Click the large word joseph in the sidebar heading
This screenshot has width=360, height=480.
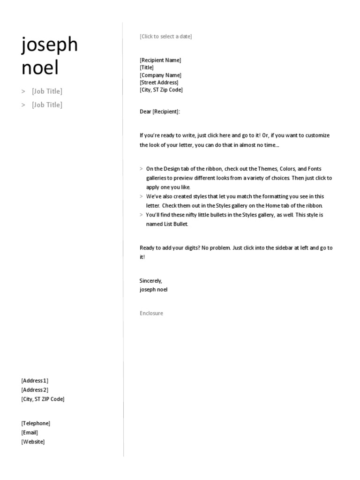[x=50, y=46]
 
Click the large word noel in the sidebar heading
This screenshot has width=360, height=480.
[x=40, y=68]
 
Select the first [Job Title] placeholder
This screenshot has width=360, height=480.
[x=47, y=91]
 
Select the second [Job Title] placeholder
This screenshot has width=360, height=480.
[x=47, y=105]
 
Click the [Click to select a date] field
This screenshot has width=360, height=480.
[x=165, y=37]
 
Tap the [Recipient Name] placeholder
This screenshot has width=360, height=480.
[x=160, y=60]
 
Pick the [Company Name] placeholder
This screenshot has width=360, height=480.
[x=160, y=75]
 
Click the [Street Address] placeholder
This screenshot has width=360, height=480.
[x=159, y=82]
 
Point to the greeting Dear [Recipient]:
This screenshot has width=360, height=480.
[x=160, y=112]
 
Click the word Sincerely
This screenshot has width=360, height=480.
[x=150, y=281]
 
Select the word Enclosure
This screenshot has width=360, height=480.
[x=151, y=313]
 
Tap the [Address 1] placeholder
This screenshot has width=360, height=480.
[x=35, y=381]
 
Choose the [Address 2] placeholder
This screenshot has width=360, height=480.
[x=35, y=390]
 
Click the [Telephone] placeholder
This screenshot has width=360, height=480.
[x=36, y=423]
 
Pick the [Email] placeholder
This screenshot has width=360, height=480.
[x=30, y=433]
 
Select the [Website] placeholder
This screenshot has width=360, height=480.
[x=33, y=442]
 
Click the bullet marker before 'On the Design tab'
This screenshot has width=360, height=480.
[x=142, y=169]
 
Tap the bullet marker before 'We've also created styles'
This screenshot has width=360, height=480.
[x=142, y=196]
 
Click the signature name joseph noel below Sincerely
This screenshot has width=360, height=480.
[x=153, y=290]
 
